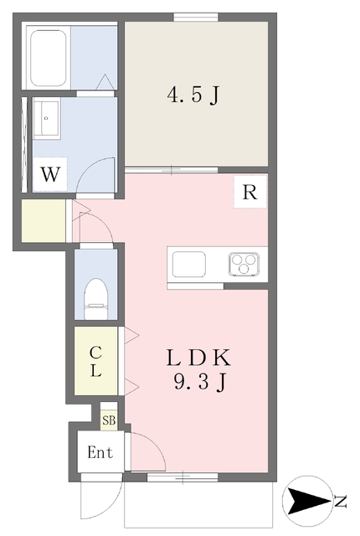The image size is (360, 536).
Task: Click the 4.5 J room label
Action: (193, 95)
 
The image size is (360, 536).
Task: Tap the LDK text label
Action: (198, 359)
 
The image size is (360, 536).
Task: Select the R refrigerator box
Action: (249, 192)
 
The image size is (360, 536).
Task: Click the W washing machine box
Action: (51, 176)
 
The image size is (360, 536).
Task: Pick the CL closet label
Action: (97, 362)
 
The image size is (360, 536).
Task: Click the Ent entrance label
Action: (100, 453)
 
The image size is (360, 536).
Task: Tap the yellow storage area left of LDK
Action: (44, 221)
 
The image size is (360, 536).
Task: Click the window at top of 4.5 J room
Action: (196, 17)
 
